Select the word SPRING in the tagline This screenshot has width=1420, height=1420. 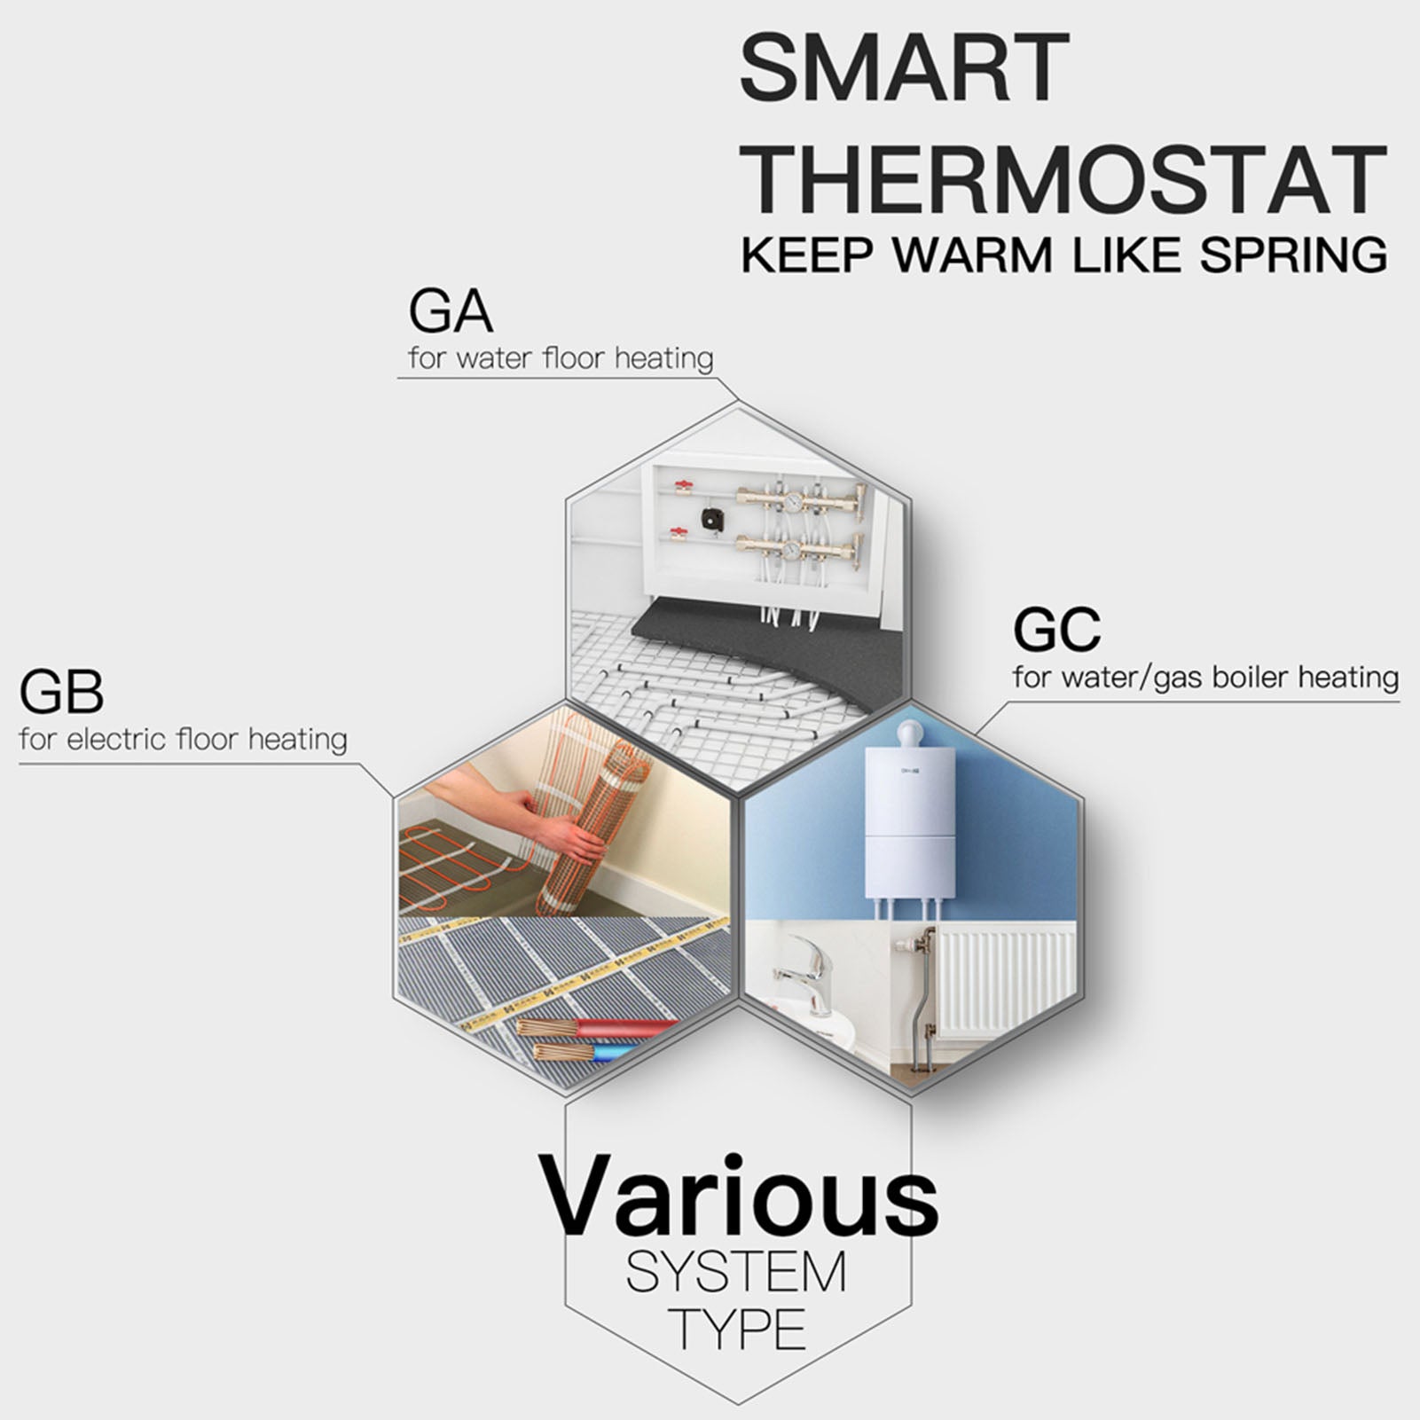pyautogui.click(x=1294, y=255)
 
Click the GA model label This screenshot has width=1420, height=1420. pyautogui.click(x=451, y=311)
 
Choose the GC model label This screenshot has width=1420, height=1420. pyautogui.click(x=1056, y=629)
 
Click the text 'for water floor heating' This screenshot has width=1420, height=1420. pyautogui.click(x=561, y=358)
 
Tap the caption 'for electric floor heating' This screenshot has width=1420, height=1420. pyautogui.click(x=184, y=739)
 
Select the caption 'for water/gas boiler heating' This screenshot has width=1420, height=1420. pyautogui.click(x=1205, y=677)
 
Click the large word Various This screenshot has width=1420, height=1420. pyautogui.click(x=738, y=1196)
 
